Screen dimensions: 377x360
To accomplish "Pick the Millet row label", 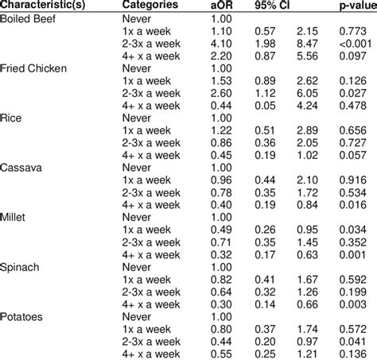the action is tap(16, 215).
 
